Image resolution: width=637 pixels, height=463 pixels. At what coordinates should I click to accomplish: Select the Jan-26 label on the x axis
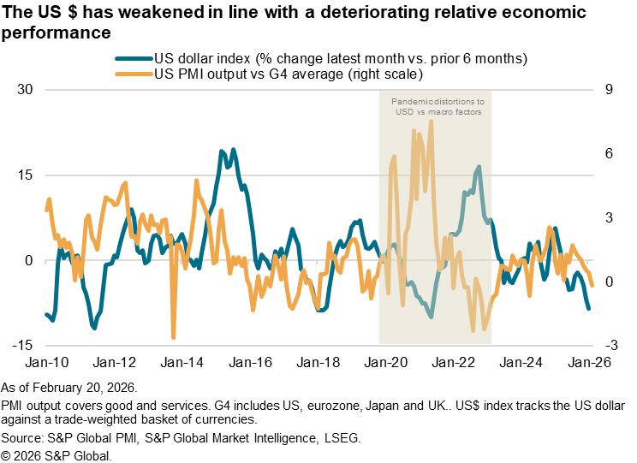click(x=591, y=362)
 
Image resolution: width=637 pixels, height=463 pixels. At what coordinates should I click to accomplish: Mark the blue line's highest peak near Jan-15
click(x=223, y=151)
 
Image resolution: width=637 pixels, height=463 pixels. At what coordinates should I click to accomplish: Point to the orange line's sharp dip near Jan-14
click(x=173, y=337)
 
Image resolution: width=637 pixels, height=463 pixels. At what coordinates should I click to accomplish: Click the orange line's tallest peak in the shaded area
click(x=431, y=121)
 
